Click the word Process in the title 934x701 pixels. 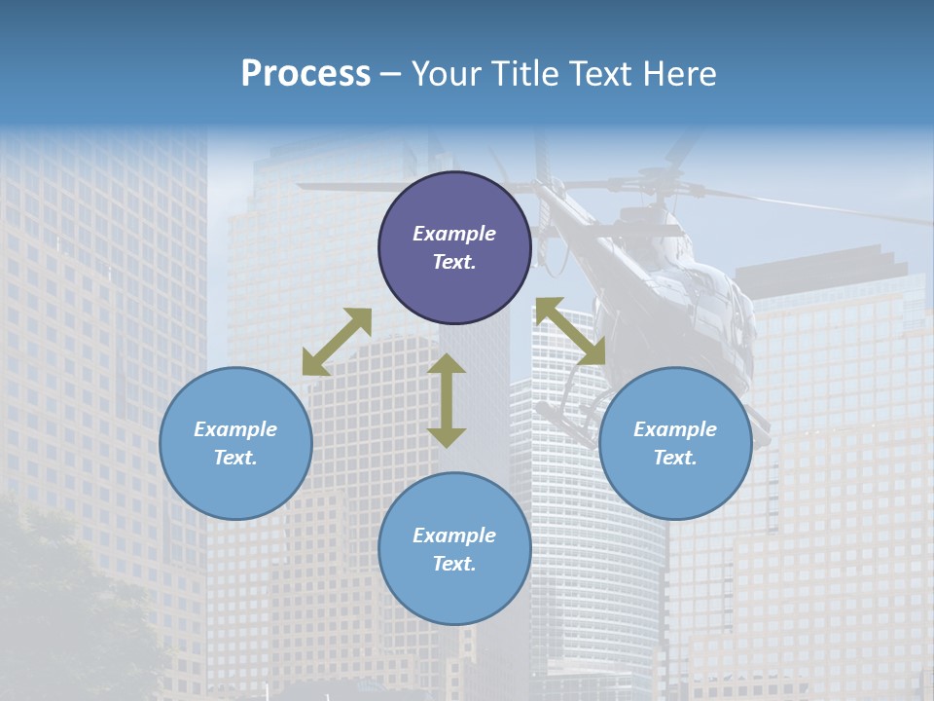point(305,74)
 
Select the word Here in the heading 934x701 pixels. point(681,74)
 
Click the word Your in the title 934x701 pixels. point(443,74)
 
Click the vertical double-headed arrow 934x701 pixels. point(447,400)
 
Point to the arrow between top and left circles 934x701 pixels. point(337,342)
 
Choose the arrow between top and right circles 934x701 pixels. point(571,331)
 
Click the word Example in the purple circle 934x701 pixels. point(454,234)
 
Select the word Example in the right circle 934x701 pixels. point(675,429)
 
